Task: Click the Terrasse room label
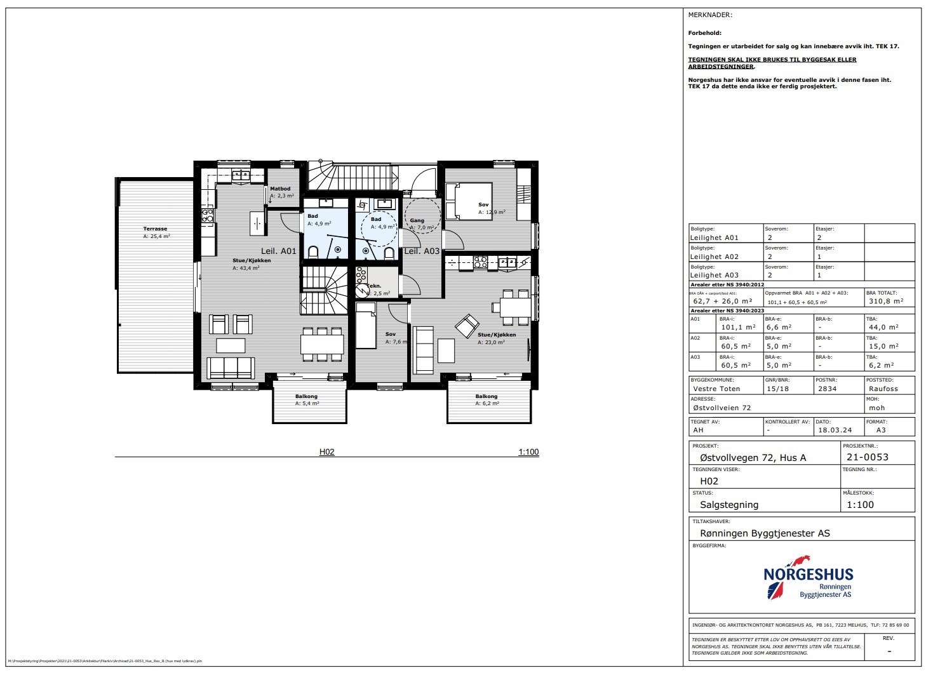[x=155, y=229]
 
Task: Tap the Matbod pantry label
[x=280, y=189]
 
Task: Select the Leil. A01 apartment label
[x=278, y=251]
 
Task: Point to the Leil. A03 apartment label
[x=422, y=251]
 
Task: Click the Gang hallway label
[x=417, y=220]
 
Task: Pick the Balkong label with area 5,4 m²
[x=307, y=397]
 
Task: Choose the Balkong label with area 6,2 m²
[x=486, y=397]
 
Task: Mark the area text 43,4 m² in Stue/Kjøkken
[x=246, y=268]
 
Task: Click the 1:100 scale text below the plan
[x=528, y=453]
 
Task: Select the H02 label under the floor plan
[x=326, y=453]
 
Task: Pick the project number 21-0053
[x=867, y=457]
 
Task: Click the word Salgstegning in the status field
[x=728, y=505]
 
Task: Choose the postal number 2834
[x=827, y=389]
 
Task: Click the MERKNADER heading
[x=710, y=15]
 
